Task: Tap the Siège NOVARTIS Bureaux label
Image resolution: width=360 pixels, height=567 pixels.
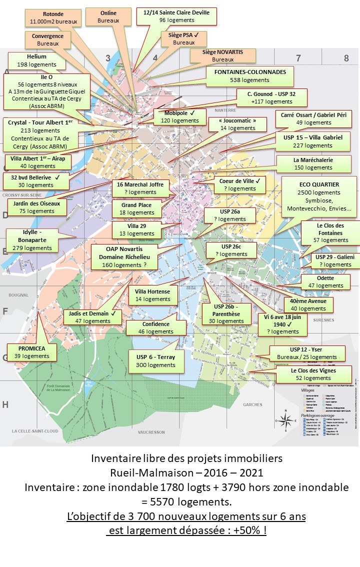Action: (222, 55)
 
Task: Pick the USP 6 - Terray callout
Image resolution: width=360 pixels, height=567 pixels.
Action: (156, 361)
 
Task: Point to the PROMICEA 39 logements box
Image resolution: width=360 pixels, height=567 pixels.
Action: (32, 352)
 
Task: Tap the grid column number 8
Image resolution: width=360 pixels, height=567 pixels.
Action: (346, 58)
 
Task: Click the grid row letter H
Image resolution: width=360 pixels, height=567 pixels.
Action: (5, 404)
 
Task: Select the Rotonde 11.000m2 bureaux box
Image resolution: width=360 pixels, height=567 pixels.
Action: (53, 18)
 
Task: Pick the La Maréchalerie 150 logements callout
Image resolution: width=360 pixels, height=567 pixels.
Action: (313, 163)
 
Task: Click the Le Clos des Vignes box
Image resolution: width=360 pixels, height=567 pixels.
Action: (313, 374)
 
